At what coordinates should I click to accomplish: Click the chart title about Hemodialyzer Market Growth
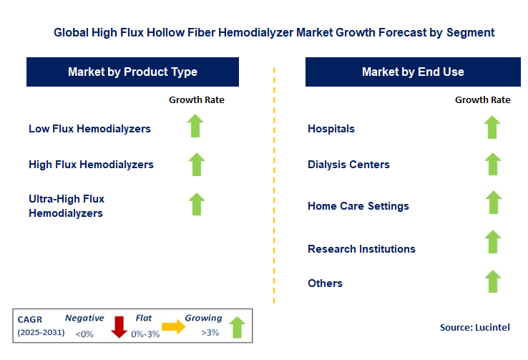click(274, 33)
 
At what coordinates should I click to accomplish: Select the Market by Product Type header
click(132, 72)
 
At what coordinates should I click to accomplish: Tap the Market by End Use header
click(413, 72)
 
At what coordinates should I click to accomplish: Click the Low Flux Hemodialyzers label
click(89, 129)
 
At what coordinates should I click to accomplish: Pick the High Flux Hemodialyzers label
click(91, 165)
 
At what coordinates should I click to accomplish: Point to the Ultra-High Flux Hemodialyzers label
click(67, 206)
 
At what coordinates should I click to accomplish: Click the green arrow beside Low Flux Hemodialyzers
click(196, 126)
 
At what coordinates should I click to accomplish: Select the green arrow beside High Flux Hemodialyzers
click(196, 164)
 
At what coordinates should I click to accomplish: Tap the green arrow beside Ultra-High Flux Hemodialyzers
click(196, 203)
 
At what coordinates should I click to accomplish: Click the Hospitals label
click(331, 129)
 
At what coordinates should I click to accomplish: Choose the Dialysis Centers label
click(348, 165)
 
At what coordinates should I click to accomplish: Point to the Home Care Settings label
click(358, 206)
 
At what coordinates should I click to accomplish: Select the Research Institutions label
click(361, 249)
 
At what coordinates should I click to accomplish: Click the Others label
click(325, 283)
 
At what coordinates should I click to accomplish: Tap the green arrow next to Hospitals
click(492, 127)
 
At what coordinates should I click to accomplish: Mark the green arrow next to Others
click(492, 281)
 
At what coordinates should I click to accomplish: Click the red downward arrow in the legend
click(119, 327)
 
